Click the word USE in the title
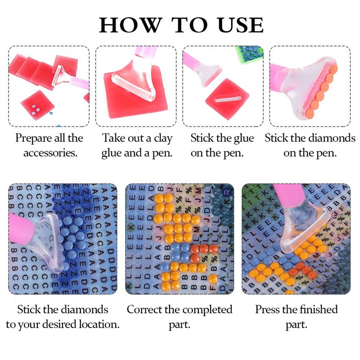tap(241, 25)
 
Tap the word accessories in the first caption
tap(50, 153)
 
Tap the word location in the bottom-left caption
tap(99, 324)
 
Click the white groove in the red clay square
tap(228, 99)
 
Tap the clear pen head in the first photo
tap(61, 75)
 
